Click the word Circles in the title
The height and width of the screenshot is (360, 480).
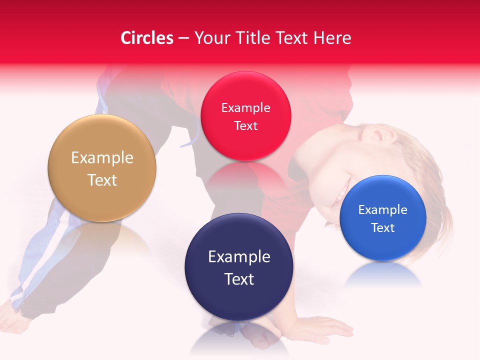click(147, 38)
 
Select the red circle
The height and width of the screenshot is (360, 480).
click(245, 116)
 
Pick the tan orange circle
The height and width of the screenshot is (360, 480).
click(102, 168)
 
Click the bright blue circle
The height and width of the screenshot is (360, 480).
click(382, 218)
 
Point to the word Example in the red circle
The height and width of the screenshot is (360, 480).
click(245, 107)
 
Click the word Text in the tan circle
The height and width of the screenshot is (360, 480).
click(102, 180)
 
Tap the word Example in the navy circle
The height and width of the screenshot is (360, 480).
click(239, 257)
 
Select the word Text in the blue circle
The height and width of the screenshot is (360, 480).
click(383, 228)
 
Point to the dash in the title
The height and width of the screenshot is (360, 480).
click(183, 38)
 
